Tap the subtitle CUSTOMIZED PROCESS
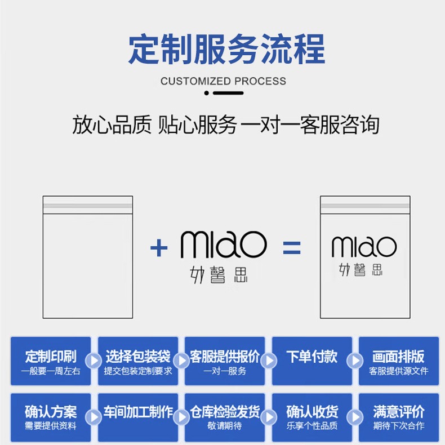(223, 81)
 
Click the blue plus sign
(159, 247)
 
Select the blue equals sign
(291, 247)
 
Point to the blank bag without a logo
(88, 256)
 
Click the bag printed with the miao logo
(365, 256)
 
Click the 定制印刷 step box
(50, 361)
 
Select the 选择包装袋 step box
(138, 361)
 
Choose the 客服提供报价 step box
(225, 361)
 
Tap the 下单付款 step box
(311, 361)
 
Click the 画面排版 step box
(399, 361)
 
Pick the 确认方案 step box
(50, 417)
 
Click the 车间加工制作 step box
(138, 417)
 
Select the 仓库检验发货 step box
(225, 417)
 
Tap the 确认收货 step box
(311, 417)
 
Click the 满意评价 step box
(399, 417)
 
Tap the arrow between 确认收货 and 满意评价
(355, 417)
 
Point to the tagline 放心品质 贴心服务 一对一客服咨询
(225, 125)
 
